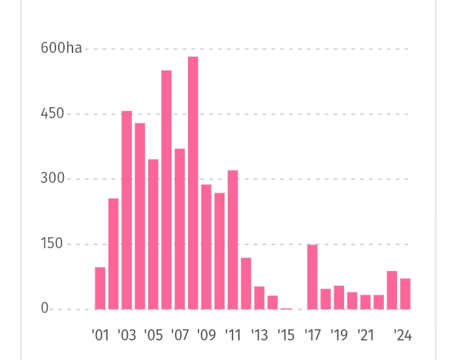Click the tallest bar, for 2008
(x=193, y=183)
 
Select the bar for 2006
(x=166, y=189)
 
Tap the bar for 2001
(x=100, y=288)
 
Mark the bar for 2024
(x=405, y=294)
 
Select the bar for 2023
(x=392, y=290)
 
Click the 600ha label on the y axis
(x=61, y=48)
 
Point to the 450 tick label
(x=52, y=114)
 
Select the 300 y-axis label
(x=52, y=179)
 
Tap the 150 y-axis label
(x=52, y=244)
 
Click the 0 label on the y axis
(x=44, y=309)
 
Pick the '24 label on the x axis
(x=403, y=336)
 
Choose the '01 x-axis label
(x=100, y=336)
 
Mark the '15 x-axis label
(x=286, y=336)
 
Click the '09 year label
(x=206, y=336)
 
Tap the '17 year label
(x=313, y=336)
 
